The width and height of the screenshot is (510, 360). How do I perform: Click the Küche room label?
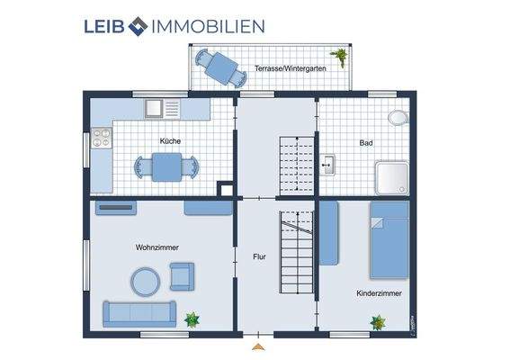click(170, 141)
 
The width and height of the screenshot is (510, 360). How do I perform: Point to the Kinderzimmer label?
click(379, 292)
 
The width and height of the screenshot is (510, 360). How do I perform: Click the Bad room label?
click(366, 142)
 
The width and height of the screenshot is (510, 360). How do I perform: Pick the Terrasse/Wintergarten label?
click(290, 67)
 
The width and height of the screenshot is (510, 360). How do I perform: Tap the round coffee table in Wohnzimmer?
click(146, 282)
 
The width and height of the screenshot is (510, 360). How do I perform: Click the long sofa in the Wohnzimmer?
click(139, 312)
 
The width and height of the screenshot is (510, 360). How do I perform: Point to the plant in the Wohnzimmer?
click(192, 319)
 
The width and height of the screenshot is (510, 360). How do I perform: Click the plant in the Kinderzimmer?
click(378, 320)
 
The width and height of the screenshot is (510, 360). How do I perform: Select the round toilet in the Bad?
click(397, 117)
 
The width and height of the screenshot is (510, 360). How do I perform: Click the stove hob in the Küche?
click(101, 139)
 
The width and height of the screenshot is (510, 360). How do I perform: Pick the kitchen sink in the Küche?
click(154, 108)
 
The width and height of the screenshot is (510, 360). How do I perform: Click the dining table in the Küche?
click(166, 166)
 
